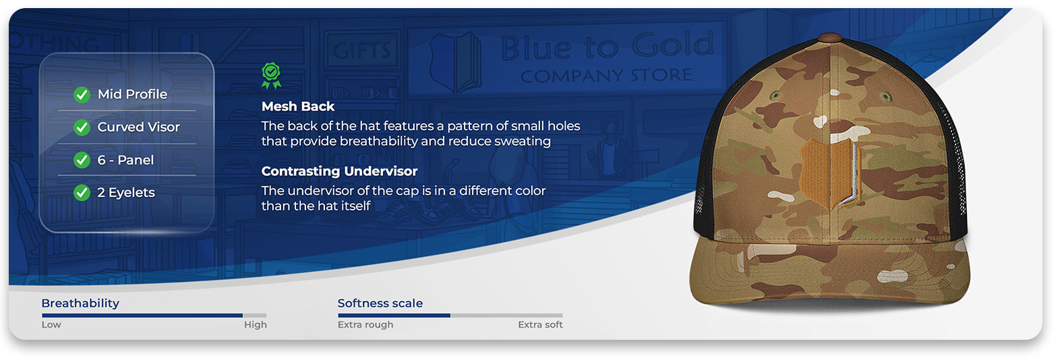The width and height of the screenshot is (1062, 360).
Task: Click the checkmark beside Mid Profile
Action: (x=82, y=95)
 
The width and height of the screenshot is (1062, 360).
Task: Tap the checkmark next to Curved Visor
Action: (x=82, y=127)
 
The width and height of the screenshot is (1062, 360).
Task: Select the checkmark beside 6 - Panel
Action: (x=82, y=160)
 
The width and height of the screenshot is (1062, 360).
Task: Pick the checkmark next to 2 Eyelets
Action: (x=82, y=193)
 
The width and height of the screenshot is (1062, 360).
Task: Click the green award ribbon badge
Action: (x=271, y=76)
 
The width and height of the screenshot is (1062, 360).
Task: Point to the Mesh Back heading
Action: (x=298, y=107)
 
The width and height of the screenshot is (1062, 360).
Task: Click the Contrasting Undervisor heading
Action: (x=339, y=171)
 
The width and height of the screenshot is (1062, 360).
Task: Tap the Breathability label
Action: (x=80, y=303)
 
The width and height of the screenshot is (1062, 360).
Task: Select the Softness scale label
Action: (x=380, y=303)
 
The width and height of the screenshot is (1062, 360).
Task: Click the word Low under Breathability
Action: (x=51, y=325)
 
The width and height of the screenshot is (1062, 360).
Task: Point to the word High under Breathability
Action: (x=256, y=325)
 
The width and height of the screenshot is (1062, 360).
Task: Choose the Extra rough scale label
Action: (x=365, y=325)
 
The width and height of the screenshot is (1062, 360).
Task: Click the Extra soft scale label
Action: (x=540, y=325)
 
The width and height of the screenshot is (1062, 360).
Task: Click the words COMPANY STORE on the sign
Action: (x=606, y=75)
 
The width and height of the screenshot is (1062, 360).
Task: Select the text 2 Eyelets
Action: (x=126, y=193)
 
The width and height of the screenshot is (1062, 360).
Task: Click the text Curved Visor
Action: (x=138, y=127)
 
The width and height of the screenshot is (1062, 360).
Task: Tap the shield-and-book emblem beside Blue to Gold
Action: (x=455, y=62)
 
